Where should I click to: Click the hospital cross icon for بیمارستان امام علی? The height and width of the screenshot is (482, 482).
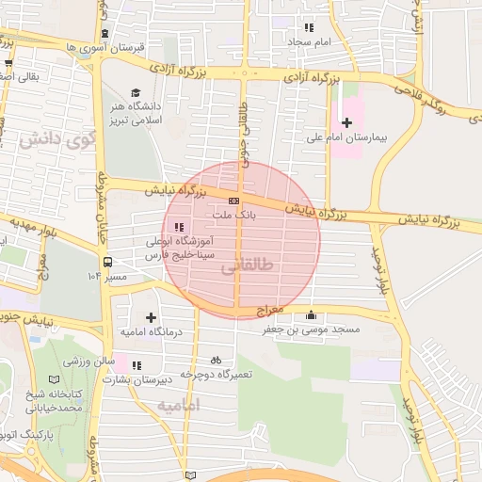point(347,122)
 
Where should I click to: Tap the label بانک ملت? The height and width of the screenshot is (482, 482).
point(239,215)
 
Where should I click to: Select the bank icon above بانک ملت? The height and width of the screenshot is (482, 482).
point(233,201)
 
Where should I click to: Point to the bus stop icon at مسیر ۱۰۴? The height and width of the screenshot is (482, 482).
point(108,263)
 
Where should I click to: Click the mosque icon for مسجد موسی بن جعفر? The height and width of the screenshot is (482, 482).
point(311,315)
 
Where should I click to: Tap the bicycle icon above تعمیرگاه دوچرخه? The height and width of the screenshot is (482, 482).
point(217,360)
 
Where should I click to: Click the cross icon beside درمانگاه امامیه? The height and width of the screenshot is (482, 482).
point(151,317)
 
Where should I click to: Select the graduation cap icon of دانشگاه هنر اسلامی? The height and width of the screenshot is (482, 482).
point(137,92)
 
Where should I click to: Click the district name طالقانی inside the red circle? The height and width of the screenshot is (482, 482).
point(240,268)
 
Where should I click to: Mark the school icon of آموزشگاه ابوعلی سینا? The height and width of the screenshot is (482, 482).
point(179,226)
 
